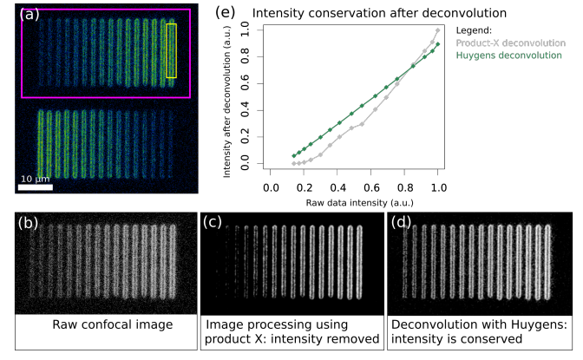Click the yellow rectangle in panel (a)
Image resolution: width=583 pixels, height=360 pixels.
pos(172,50)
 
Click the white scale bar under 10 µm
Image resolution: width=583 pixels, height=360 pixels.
pos(36,187)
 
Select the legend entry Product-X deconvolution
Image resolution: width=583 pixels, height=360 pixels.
pos(511,43)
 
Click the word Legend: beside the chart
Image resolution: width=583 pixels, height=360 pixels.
pos(476,29)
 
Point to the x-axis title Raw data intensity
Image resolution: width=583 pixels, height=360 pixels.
pos(353,202)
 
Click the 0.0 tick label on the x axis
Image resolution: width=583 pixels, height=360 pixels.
pos(270,187)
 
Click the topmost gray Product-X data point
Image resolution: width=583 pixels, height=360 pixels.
pos(438,30)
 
